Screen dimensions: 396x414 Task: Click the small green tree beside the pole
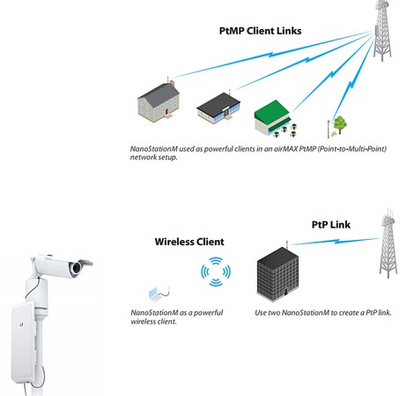coord(340,122)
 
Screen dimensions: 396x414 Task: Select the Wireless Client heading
coord(189,241)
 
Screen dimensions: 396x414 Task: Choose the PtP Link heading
coord(331,224)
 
